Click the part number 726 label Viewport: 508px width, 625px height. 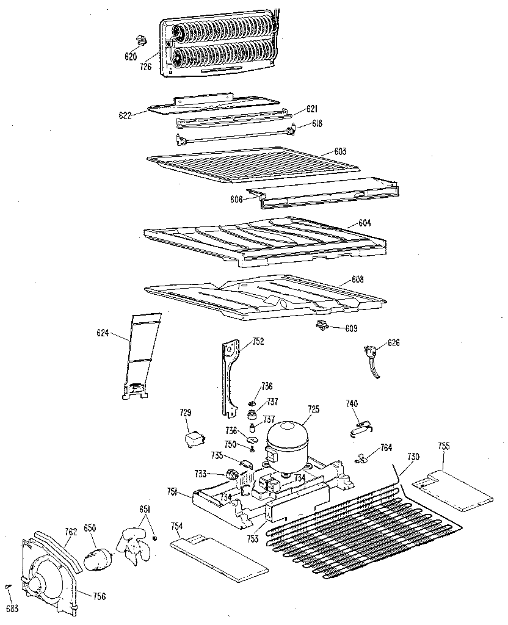(x=145, y=68)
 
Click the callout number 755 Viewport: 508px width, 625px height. (x=443, y=446)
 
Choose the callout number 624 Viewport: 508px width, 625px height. (x=103, y=333)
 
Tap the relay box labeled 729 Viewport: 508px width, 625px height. (x=192, y=438)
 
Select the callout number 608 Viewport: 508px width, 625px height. (x=357, y=280)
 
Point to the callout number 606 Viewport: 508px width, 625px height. (x=237, y=199)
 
